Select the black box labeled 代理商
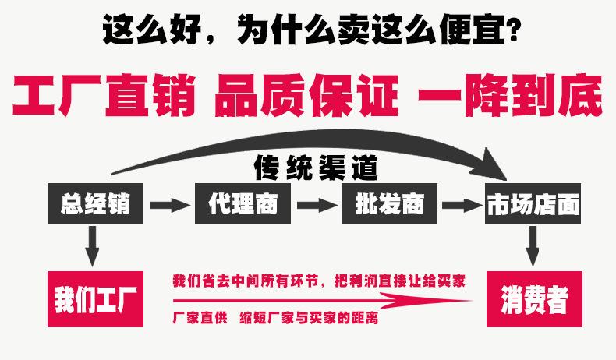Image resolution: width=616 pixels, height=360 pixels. (x=243, y=204)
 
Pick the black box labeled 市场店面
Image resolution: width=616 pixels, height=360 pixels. (x=533, y=204)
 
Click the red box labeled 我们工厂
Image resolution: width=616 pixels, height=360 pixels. (x=96, y=299)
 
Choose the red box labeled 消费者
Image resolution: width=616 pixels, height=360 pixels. (x=534, y=299)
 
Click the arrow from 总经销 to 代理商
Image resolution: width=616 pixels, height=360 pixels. (x=169, y=205)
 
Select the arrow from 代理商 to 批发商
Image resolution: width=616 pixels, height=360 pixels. (x=316, y=205)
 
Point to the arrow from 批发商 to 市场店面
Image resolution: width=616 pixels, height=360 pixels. (x=462, y=205)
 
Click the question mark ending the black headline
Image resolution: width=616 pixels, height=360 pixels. (x=514, y=33)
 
